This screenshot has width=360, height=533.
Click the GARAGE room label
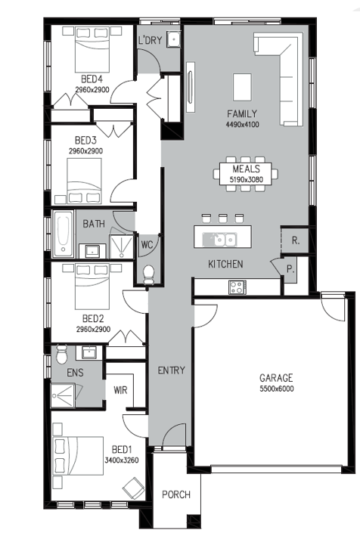click(x=276, y=378)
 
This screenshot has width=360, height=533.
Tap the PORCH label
click(x=176, y=494)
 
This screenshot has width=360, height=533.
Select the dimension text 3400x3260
click(x=121, y=460)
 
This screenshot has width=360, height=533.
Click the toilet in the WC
click(x=148, y=274)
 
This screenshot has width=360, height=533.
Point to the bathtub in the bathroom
click(x=64, y=234)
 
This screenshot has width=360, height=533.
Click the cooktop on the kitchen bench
click(x=237, y=287)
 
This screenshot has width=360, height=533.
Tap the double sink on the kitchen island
click(x=220, y=240)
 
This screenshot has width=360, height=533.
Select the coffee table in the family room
click(x=242, y=87)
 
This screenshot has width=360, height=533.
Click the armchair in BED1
click(x=133, y=488)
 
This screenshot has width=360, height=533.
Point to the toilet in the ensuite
click(x=61, y=355)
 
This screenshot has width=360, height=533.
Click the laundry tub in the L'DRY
click(x=174, y=39)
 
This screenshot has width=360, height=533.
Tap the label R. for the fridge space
click(x=296, y=240)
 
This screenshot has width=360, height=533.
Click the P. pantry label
click(x=290, y=269)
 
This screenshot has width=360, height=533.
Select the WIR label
click(x=121, y=390)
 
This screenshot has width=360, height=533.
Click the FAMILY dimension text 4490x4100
click(x=242, y=125)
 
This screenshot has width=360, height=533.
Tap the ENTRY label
click(x=172, y=370)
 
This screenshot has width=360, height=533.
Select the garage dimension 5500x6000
click(x=277, y=389)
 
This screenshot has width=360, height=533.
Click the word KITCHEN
click(x=225, y=264)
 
